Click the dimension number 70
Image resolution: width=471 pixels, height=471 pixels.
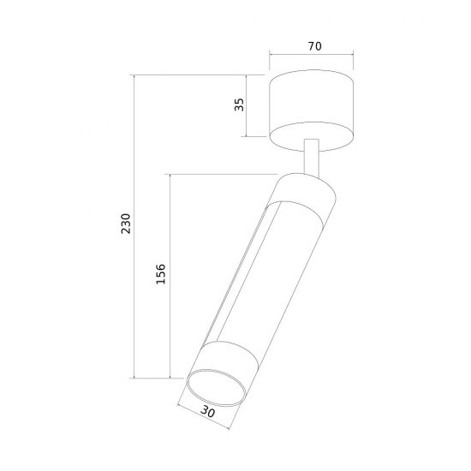[315, 46]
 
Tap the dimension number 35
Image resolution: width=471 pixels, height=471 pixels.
[240, 104]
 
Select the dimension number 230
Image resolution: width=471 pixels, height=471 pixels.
[126, 224]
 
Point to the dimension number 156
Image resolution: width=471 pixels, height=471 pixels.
[161, 274]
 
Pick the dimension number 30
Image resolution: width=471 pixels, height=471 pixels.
[208, 411]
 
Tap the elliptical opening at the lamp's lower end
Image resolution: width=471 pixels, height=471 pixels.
[217, 387]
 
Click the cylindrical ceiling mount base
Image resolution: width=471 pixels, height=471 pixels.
[312, 110]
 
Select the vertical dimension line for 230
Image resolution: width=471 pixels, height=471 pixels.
[134, 226]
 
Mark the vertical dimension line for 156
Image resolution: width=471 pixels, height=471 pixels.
[170, 276]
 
